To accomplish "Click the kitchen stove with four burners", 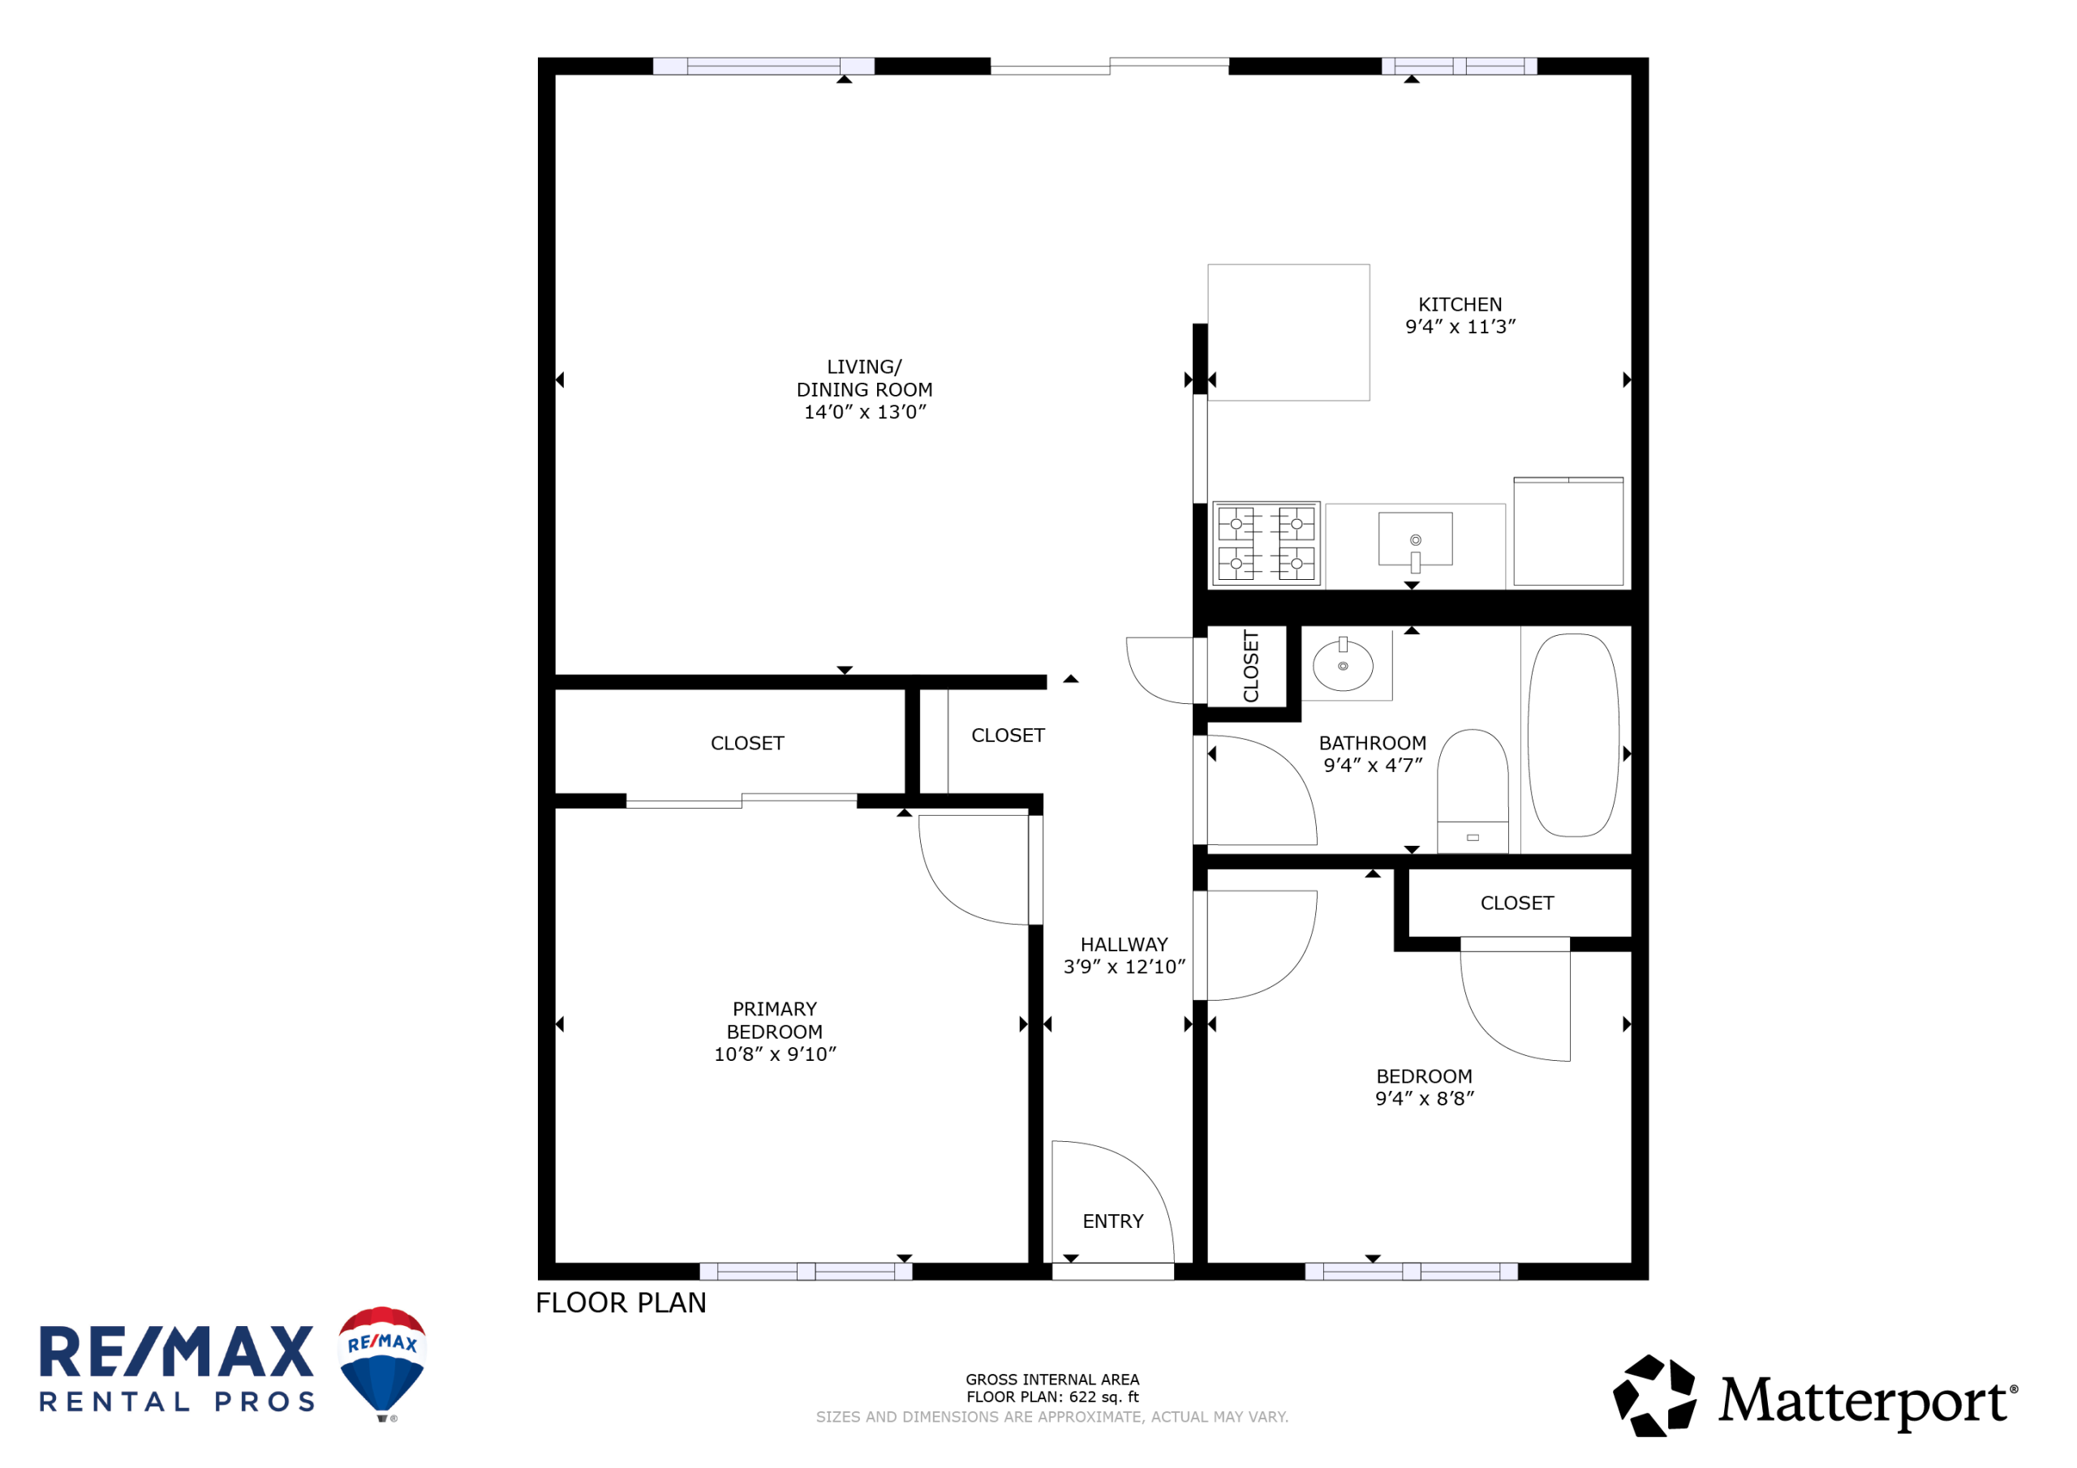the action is point(1266,543).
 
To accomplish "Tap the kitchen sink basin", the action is point(1416,539).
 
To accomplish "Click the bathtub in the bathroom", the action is point(1573,735).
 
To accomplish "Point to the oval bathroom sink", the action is point(1344,665).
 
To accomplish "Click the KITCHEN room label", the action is point(1460,304).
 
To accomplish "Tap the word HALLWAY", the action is point(1125,943).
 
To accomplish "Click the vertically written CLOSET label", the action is point(1251,666).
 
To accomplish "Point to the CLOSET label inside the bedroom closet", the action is point(1517,903).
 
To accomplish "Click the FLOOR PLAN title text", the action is point(621,1303).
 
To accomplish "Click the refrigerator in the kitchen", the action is point(1568,531).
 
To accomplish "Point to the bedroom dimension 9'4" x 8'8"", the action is point(1425,1098).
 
